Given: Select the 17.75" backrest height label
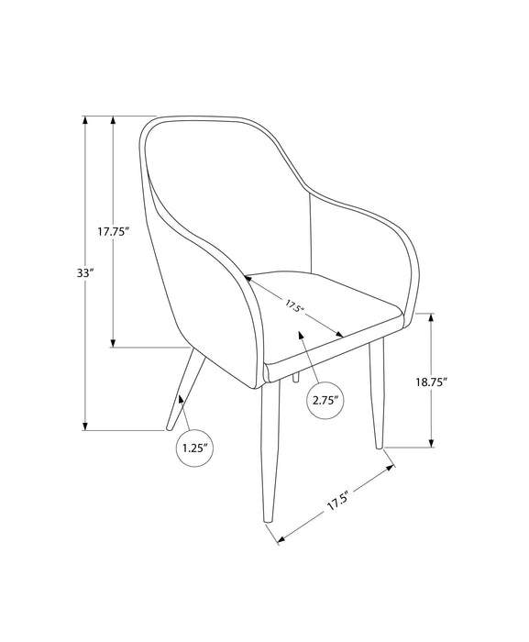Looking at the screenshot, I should (113, 232).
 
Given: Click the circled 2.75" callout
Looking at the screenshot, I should (325, 399).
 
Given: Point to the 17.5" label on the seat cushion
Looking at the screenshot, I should (295, 305).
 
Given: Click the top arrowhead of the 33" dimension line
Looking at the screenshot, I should (85, 120).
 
